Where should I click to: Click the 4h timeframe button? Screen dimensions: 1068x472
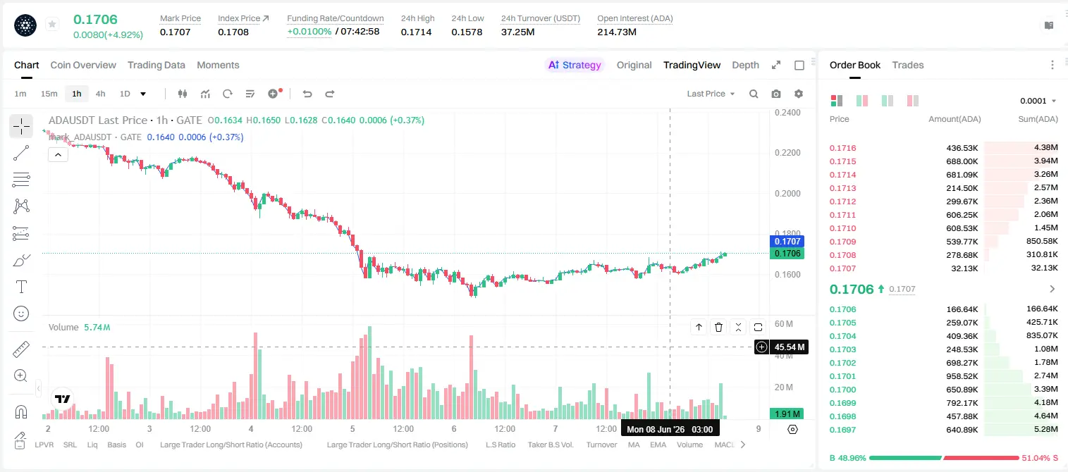tap(100, 94)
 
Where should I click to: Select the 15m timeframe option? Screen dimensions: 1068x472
tap(49, 94)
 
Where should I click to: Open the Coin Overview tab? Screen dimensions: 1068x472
tap(83, 65)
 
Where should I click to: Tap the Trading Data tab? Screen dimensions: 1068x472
tap(156, 65)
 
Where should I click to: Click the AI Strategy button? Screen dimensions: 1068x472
tap(575, 65)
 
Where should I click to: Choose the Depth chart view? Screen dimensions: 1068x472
tap(745, 65)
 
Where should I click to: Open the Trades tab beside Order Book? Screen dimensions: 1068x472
tap(908, 65)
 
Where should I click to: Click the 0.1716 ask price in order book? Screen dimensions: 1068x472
tap(843, 148)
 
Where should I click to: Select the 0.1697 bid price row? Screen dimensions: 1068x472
tap(843, 430)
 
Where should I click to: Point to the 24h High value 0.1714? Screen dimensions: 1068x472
tap(416, 32)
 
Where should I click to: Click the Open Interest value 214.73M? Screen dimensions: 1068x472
tap(617, 32)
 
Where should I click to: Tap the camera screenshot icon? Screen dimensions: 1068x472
tap(776, 94)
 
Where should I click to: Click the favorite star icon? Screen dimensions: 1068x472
tap(52, 24)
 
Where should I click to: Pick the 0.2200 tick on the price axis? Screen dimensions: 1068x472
tap(787, 153)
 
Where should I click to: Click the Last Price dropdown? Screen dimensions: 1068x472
tap(711, 94)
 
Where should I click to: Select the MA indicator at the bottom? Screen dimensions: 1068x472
tap(634, 445)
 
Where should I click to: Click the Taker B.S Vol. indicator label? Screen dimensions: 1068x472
tap(550, 445)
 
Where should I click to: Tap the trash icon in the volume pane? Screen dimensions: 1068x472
tap(718, 327)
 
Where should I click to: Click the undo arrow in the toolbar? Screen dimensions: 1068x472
tap(307, 94)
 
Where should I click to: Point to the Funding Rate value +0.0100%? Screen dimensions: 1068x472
tap(309, 32)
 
